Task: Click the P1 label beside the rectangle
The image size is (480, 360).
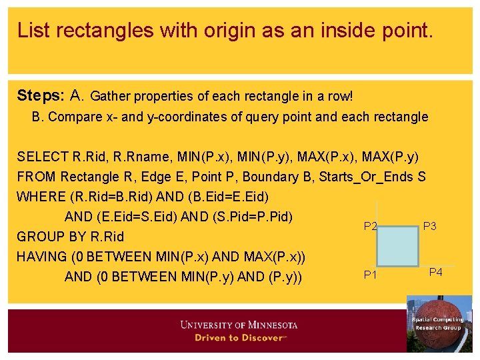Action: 370,275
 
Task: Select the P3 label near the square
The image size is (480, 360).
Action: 429,227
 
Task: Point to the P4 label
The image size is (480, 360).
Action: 435,272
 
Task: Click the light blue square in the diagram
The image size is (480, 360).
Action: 398,246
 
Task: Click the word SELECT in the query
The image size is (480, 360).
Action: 41,157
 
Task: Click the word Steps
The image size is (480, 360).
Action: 38,95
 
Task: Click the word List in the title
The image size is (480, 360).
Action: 33,30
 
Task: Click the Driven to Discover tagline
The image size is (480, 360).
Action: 239,337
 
